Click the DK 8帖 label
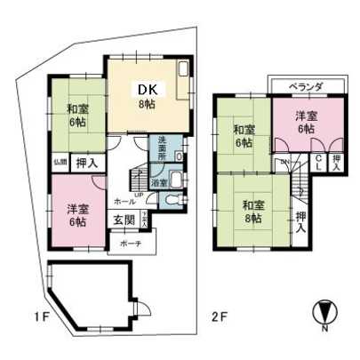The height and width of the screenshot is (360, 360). point(145,94)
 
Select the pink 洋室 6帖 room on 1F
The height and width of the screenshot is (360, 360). point(76,215)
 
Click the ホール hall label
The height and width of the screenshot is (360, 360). point(124,202)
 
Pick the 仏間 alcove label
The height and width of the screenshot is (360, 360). point(59,162)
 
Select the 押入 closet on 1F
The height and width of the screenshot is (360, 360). point(86,163)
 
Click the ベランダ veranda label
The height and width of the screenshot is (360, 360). point(305,86)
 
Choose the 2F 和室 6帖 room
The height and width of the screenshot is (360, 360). point(242,135)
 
